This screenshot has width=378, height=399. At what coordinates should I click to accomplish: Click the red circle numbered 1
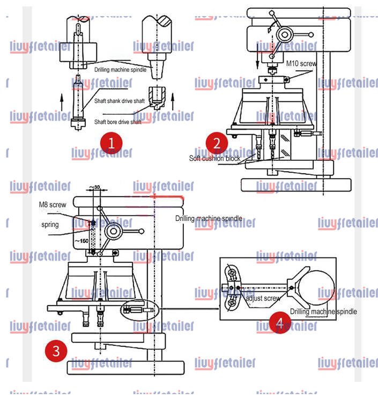[112, 143]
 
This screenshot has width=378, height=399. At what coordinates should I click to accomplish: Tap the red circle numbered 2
[217, 143]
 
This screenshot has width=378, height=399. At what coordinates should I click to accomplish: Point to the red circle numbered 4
[279, 322]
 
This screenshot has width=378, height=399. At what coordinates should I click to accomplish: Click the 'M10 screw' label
[301, 63]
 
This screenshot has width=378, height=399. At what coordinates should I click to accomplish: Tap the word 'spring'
[50, 224]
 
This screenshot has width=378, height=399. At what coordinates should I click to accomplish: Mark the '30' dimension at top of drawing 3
[97, 187]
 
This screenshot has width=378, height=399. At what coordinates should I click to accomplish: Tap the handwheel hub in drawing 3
[114, 232]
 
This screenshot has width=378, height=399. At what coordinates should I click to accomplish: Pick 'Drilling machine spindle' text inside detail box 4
[323, 312]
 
